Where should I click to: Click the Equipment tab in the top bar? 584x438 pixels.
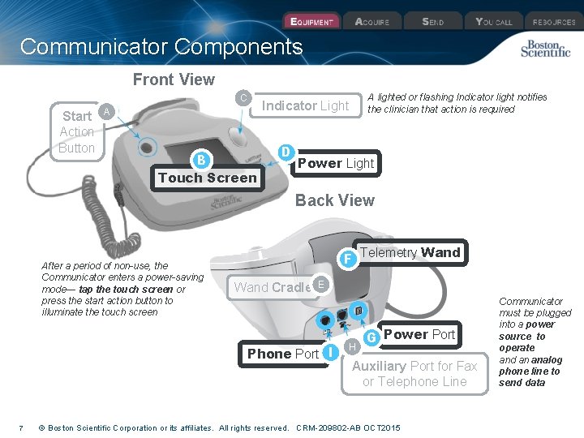tap(311, 22)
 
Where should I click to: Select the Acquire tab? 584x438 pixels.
tap(372, 22)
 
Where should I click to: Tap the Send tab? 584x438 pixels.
tap(433, 22)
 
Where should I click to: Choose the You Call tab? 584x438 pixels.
tap(494, 22)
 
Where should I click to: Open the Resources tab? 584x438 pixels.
tap(554, 22)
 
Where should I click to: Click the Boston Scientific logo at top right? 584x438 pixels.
tap(545, 49)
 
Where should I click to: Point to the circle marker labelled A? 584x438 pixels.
tap(105, 111)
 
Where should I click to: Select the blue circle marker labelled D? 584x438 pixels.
tap(286, 152)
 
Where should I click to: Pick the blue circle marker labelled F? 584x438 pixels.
tap(347, 259)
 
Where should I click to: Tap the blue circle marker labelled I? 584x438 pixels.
tap(330, 352)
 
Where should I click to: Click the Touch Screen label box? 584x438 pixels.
tap(208, 178)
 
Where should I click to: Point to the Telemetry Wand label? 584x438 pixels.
tap(410, 252)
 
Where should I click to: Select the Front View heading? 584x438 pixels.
tap(174, 79)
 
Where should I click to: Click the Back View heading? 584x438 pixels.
tap(334, 200)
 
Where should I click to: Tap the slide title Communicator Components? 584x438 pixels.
tap(161, 47)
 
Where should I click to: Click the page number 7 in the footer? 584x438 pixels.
tap(20, 427)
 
